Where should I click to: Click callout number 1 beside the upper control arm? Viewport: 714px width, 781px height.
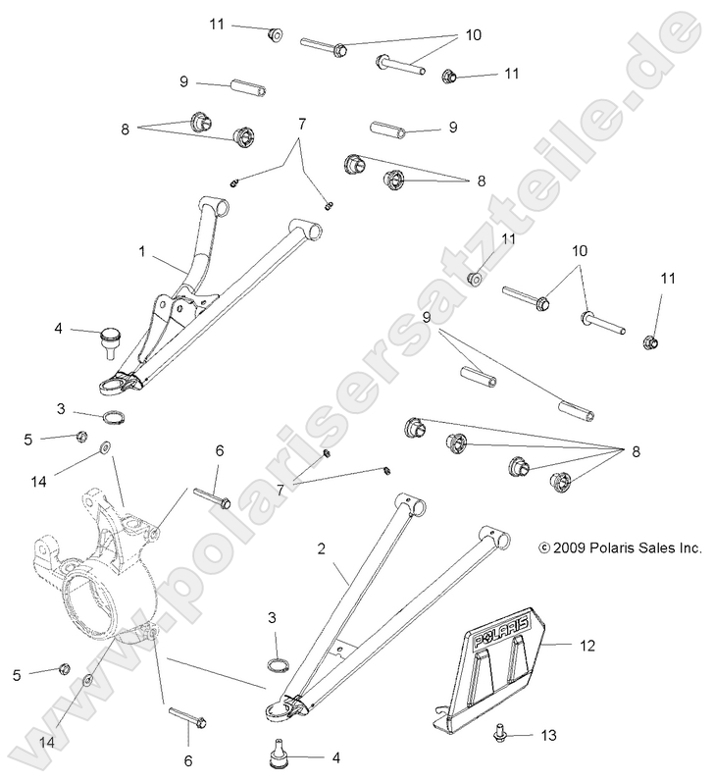coord(142,251)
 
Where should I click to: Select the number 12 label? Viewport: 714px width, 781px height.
coord(586,645)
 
